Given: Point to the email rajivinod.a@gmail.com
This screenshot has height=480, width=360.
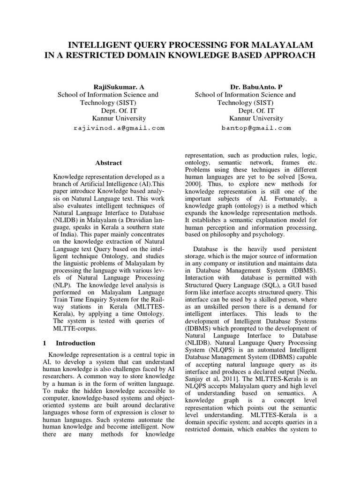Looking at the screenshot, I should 119,127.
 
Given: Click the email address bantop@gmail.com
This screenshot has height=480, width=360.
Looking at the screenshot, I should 256,127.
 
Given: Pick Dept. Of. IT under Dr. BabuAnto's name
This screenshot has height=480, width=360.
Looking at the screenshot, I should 257,111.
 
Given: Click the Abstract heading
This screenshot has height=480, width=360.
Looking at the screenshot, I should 108,163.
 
